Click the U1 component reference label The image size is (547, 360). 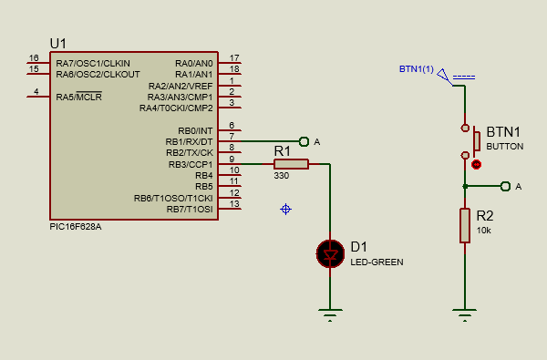pyautogui.click(x=59, y=43)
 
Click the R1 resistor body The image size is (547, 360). pyautogui.click(x=291, y=164)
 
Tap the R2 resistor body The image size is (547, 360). pyautogui.click(x=465, y=226)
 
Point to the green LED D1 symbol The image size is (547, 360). pyautogui.click(x=329, y=253)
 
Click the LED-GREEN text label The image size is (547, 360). pyautogui.click(x=377, y=262)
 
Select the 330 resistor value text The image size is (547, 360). pyautogui.click(x=281, y=176)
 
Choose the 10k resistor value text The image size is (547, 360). pyautogui.click(x=484, y=231)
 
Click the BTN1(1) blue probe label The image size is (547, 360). pyautogui.click(x=417, y=69)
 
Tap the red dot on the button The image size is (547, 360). pyautogui.click(x=477, y=165)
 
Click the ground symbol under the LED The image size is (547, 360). pyautogui.click(x=329, y=315)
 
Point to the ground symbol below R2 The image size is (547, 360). pyautogui.click(x=465, y=315)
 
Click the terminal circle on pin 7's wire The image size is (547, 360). pyautogui.click(x=304, y=141)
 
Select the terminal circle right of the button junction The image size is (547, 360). pyautogui.click(x=506, y=186)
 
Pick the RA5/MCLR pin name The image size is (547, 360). pyautogui.click(x=77, y=97)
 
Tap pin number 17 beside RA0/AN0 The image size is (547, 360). pyautogui.click(x=234, y=58)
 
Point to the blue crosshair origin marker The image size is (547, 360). pyautogui.click(x=285, y=209)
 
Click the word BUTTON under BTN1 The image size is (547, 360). pyautogui.click(x=505, y=146)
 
